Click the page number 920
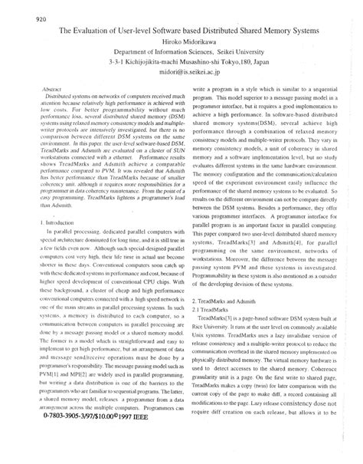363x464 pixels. pos(22,19)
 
